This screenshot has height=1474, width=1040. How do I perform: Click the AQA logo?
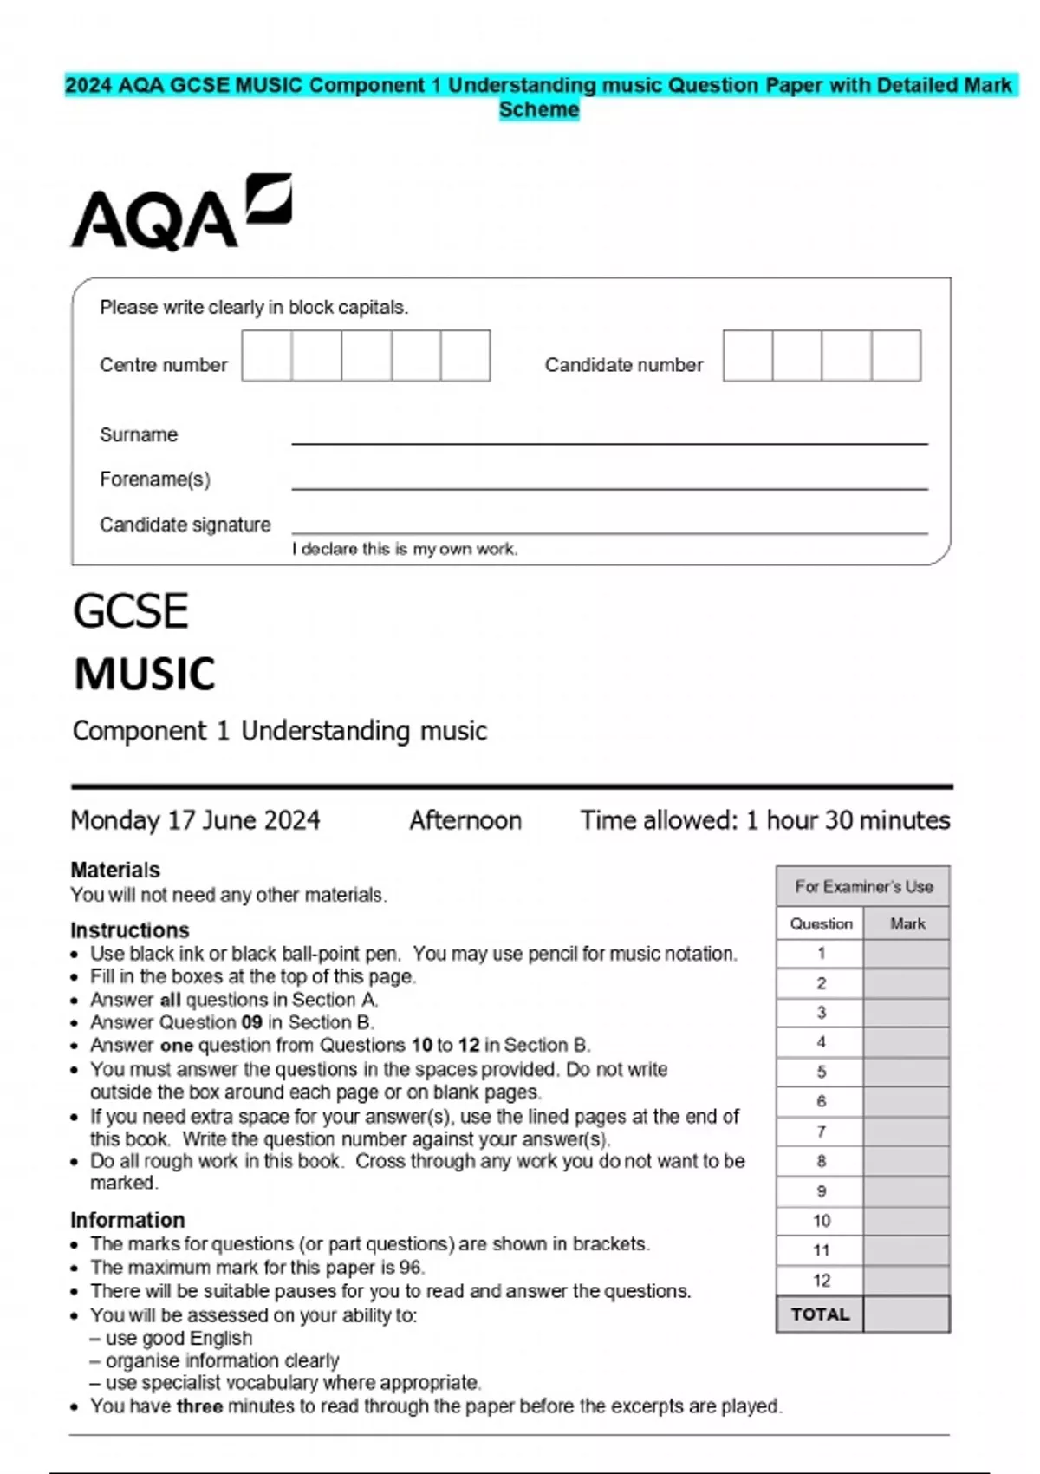tap(180, 213)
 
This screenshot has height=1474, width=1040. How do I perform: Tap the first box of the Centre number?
tap(266, 355)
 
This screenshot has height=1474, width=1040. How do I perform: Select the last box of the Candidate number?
tap(896, 355)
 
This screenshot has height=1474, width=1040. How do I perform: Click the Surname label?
tap(139, 434)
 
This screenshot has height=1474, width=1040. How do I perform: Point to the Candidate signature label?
tap(185, 525)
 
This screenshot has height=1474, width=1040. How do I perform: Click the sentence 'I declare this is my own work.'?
tap(405, 549)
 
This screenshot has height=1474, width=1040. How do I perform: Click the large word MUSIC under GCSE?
tap(145, 674)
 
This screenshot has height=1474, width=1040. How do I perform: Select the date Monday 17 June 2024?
tap(195, 820)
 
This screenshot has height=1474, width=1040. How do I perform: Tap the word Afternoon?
tap(465, 820)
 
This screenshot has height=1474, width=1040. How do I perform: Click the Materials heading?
tap(115, 870)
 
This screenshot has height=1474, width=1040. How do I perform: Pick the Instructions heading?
tap(129, 930)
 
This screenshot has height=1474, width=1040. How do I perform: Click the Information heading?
tap(127, 1220)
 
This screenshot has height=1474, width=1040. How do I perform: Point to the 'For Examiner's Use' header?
tap(863, 886)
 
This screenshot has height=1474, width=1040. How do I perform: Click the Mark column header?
tap(907, 923)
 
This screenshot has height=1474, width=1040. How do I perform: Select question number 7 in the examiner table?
tap(821, 1132)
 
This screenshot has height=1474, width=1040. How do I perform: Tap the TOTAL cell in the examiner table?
tap(820, 1314)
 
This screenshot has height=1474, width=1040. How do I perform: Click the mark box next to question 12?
tap(907, 1280)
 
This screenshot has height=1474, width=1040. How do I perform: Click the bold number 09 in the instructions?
tap(251, 1022)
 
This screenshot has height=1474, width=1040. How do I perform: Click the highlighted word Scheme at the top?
tap(538, 110)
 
